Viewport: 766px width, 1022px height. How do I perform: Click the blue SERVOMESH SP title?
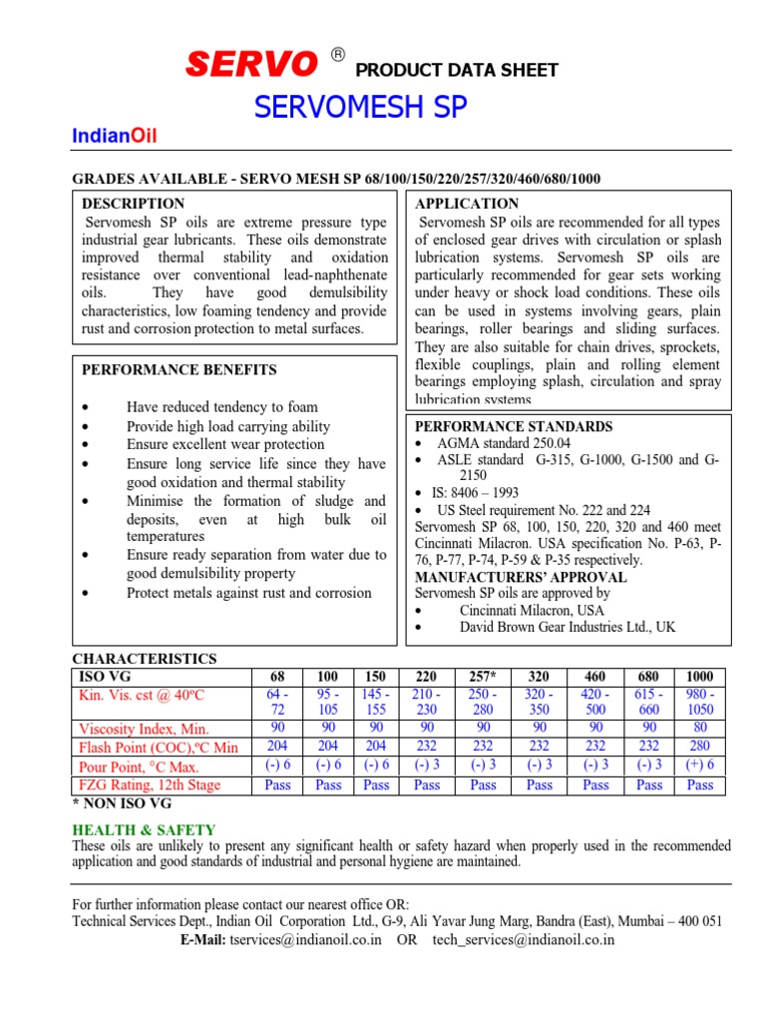[360, 108]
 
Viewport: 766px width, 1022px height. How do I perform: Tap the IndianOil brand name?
[115, 137]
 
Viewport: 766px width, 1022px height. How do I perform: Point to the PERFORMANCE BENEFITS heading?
[179, 369]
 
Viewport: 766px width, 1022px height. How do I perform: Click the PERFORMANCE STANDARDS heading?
[514, 426]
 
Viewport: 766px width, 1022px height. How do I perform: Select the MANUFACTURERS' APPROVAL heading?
[521, 577]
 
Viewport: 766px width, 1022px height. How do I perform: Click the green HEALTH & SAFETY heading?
[143, 829]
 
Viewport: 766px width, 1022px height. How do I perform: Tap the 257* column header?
[483, 677]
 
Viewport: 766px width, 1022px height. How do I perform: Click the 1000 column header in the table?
[700, 677]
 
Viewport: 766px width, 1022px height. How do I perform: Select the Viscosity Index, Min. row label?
[144, 729]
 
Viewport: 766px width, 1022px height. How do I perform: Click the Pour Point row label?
[139, 766]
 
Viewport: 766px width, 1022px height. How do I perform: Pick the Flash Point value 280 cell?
[700, 748]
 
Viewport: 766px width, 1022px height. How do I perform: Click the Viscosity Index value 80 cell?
[700, 729]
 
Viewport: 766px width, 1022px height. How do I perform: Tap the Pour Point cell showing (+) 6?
[700, 766]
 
